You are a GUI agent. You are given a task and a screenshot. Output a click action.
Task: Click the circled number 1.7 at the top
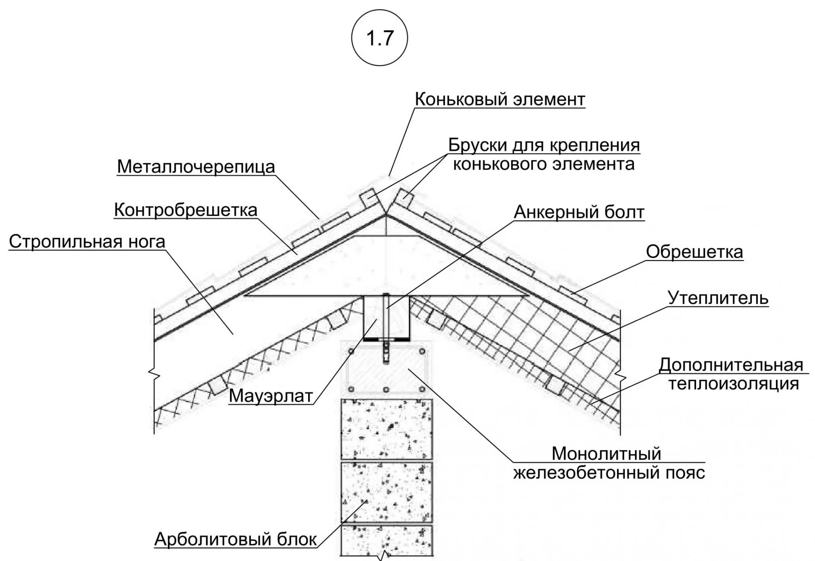pyautogui.click(x=379, y=39)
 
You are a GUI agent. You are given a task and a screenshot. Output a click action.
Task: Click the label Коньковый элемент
pyautogui.click(x=500, y=99)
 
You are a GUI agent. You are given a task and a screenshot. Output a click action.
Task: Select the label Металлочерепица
pyautogui.click(x=196, y=167)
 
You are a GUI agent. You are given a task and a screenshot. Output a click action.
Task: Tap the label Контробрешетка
pyautogui.click(x=185, y=210)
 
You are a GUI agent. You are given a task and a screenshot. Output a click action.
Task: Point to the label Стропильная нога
pyautogui.click(x=87, y=242)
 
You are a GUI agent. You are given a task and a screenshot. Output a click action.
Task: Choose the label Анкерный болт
pyautogui.click(x=579, y=212)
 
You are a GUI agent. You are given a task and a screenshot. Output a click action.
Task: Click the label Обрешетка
pyautogui.click(x=694, y=252)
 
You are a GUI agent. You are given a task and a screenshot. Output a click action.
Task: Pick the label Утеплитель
pyautogui.click(x=718, y=298)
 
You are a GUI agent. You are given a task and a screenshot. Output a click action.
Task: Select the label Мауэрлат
pyautogui.click(x=271, y=396)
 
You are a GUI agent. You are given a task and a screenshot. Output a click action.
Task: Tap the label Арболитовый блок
pyautogui.click(x=236, y=539)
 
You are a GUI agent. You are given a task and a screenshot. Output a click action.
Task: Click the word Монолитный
pyautogui.click(x=606, y=453)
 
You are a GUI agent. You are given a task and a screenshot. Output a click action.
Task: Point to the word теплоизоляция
pyautogui.click(x=734, y=384)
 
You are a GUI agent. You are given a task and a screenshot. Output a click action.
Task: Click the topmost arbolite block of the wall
pyautogui.click(x=387, y=429)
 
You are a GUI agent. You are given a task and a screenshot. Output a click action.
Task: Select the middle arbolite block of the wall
pyautogui.click(x=387, y=492)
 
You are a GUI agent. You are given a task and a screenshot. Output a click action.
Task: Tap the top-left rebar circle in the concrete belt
pyautogui.click(x=351, y=351)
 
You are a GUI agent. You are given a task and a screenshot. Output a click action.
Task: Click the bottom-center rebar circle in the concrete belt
pyautogui.click(x=386, y=389)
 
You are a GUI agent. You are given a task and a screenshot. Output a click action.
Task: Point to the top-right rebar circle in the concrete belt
pyautogui.click(x=422, y=351)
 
